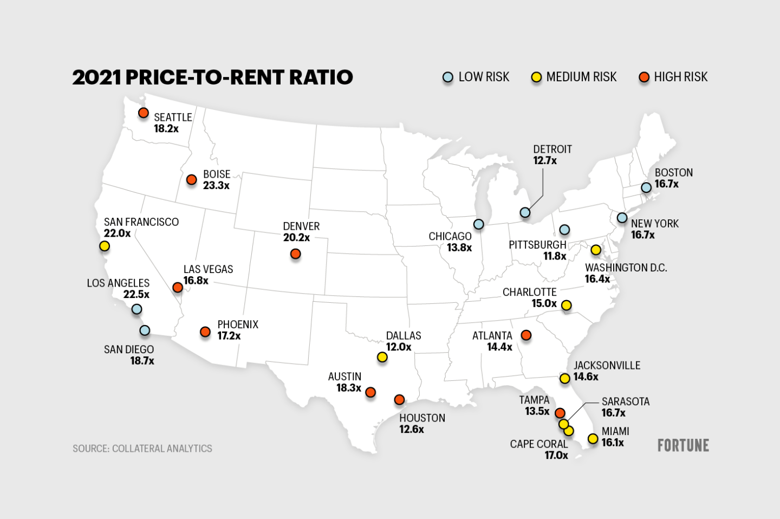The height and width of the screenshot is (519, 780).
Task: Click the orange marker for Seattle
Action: coord(143,113)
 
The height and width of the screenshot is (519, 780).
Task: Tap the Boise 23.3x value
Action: coord(216,186)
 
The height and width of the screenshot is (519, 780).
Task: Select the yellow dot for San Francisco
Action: coord(105,246)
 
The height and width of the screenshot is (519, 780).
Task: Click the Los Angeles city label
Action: coord(118,283)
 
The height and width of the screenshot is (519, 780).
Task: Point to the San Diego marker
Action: coord(145,330)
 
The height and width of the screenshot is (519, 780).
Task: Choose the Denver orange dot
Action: coord(295,254)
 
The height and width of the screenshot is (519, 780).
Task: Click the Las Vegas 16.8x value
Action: coord(196,281)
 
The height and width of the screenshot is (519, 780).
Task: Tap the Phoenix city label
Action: coord(238,325)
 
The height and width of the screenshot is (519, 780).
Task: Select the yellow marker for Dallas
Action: coord(382,357)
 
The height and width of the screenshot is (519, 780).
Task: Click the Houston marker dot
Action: coord(399,400)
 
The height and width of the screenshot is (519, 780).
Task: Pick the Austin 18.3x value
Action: coord(348,388)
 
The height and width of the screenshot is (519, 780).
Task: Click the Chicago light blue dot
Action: coord(478,224)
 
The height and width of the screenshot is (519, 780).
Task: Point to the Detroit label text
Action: coord(552,149)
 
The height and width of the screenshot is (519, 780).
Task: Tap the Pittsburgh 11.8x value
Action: coord(555,256)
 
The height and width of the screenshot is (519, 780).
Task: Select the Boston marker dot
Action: coord(646,187)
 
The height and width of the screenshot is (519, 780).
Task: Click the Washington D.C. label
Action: coord(626,268)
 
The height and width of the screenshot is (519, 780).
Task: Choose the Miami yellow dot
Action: coord(593,438)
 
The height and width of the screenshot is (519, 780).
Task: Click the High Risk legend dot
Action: coord(644,77)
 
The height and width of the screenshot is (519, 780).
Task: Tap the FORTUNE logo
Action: coord(683,445)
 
